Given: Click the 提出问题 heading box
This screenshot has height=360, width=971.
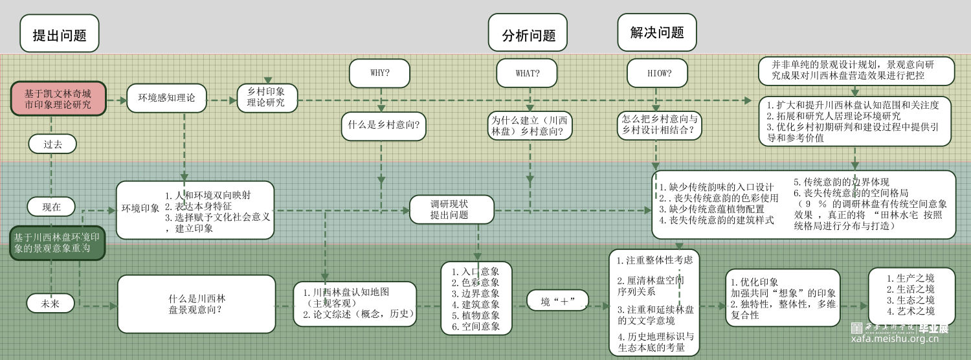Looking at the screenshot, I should point(60,34).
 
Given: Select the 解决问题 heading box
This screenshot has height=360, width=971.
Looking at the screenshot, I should point(656,32).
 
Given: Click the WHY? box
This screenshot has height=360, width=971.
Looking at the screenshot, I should point(379,73).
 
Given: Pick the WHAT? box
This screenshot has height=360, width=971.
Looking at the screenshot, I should point(527,73).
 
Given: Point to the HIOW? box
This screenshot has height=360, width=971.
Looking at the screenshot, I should point(658,73).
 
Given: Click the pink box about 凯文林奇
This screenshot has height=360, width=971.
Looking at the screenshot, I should point(58,99).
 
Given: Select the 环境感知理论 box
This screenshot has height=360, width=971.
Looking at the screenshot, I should point(166,98).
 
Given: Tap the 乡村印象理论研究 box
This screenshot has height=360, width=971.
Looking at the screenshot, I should point(267,98).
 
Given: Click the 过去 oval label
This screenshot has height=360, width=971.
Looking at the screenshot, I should point(52,144).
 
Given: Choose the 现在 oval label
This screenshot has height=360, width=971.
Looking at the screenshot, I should point(51,207).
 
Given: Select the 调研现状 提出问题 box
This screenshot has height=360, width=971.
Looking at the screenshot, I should point(451,209).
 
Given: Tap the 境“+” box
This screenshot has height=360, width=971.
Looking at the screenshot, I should point(557,301).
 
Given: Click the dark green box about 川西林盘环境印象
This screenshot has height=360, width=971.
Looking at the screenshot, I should point(57,243).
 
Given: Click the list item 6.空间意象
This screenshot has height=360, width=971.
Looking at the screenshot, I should point(476,326).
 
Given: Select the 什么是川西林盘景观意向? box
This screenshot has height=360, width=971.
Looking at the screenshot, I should point(196,304).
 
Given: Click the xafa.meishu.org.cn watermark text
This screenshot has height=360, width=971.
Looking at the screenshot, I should point(900,339).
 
